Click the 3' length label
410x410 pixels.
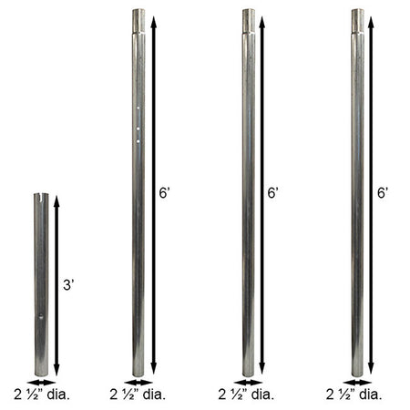(x=68, y=285)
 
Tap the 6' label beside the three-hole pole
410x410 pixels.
(x=164, y=193)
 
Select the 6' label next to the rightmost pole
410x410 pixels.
(x=383, y=193)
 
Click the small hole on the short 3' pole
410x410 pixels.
(x=41, y=317)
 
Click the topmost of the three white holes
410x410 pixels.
(x=138, y=108)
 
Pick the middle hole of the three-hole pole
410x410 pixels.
(x=138, y=129)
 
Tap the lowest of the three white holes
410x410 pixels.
(x=138, y=141)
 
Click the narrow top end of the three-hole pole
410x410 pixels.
(x=138, y=21)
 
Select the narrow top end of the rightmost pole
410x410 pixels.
(x=358, y=21)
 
